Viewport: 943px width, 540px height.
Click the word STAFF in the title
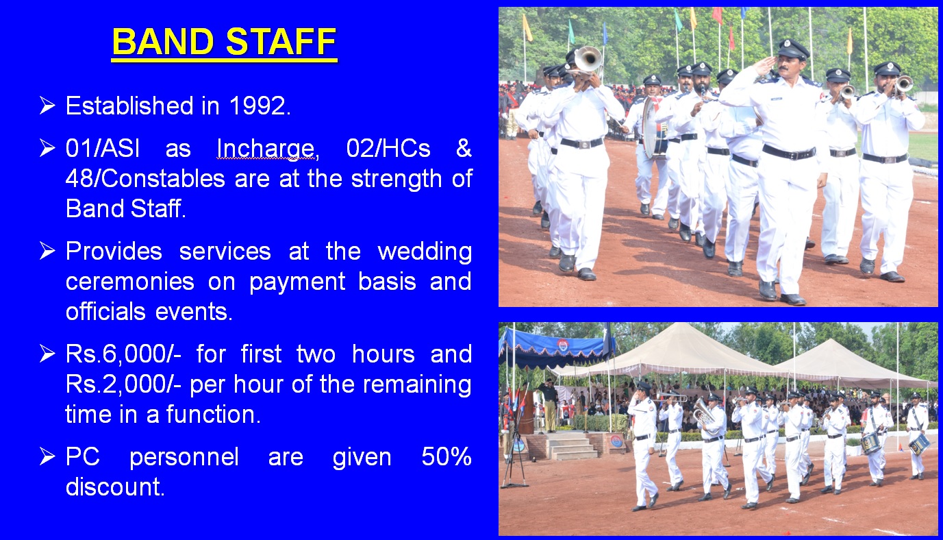[281, 42]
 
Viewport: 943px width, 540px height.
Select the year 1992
[257, 106]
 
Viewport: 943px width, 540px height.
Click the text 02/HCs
[388, 148]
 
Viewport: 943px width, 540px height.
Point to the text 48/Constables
[145, 179]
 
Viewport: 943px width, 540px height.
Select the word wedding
[425, 252]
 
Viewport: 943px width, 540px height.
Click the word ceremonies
[129, 282]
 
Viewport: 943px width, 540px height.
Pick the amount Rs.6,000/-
[123, 354]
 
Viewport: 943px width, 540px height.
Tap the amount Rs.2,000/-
[123, 384]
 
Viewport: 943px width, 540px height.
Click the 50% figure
[447, 456]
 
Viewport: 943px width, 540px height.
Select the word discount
[114, 487]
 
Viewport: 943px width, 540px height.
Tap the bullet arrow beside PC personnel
[47, 456]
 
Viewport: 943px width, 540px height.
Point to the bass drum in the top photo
[653, 127]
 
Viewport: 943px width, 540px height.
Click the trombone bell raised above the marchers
[588, 60]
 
